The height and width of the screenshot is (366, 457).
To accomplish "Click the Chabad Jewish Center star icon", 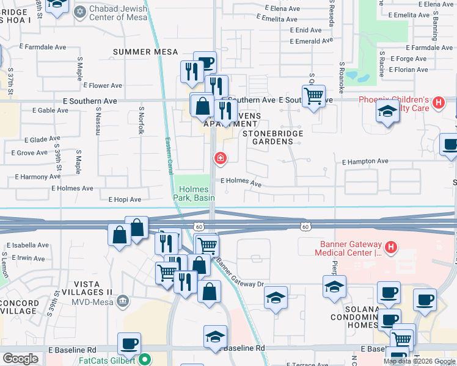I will tap(80, 12).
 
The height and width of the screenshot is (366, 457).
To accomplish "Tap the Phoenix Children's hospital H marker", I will tap(437, 103).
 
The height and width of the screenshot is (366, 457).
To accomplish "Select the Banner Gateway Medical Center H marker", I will tap(391, 248).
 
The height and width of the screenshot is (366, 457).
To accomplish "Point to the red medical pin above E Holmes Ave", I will tap(220, 159).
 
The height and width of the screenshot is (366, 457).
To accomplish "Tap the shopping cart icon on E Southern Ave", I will tap(313, 95).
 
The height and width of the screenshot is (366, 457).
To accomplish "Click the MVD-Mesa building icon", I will tap(123, 301).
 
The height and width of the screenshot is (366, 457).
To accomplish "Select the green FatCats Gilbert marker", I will tap(145, 360).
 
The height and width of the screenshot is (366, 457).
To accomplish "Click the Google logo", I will tap(20, 359).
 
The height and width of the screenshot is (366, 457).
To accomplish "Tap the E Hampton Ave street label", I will tap(365, 162).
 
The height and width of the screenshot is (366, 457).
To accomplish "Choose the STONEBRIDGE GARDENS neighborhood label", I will tap(268, 137).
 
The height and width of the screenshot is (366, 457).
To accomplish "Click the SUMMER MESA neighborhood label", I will tap(139, 52).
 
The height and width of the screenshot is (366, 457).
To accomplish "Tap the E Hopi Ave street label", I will tap(125, 199).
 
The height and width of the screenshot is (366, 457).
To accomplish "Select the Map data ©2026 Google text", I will tap(419, 361).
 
